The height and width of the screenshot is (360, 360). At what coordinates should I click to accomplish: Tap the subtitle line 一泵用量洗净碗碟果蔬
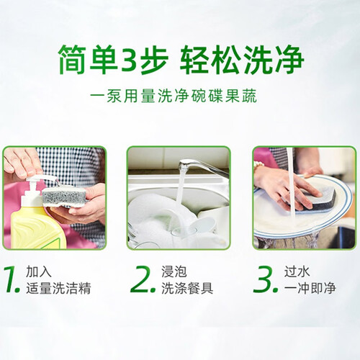174,96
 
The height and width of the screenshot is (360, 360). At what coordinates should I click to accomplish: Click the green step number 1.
12,279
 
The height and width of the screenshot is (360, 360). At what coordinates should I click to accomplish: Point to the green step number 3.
266,279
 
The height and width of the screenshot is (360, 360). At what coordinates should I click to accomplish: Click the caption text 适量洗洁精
58,288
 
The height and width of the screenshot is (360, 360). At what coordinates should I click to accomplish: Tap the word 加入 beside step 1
39,271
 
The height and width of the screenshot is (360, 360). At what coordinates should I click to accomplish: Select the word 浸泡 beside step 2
174,271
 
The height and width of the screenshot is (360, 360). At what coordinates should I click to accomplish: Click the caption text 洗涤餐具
187,288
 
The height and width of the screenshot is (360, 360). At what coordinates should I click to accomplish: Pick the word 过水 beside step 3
297,271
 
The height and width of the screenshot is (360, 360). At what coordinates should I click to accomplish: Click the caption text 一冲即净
310,288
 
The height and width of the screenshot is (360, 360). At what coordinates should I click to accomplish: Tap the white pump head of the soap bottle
42,180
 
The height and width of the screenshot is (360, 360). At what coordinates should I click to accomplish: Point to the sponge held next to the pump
64,197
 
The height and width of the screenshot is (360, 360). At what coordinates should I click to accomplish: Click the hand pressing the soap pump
23,161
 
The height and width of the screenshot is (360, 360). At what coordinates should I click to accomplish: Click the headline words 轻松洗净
242,59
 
